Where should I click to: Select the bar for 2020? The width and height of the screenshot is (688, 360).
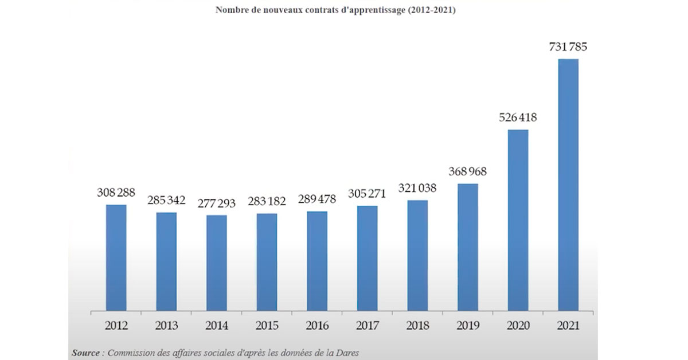pyautogui.click(x=518, y=221)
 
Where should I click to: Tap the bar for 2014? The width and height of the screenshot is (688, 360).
pyautogui.click(x=217, y=263)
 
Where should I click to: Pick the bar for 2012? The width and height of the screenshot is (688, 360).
pyautogui.click(x=116, y=258)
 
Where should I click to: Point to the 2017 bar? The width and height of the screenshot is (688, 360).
pyautogui.click(x=367, y=259)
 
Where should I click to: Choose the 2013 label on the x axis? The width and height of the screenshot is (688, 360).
pyautogui.click(x=166, y=326)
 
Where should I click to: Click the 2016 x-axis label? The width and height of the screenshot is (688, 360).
pyautogui.click(x=317, y=326)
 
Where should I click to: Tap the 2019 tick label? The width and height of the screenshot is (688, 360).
pyautogui.click(x=468, y=326)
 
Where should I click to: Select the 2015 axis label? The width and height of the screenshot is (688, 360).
pyautogui.click(x=267, y=326)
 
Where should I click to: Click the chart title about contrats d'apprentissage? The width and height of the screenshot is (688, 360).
pyautogui.click(x=335, y=10)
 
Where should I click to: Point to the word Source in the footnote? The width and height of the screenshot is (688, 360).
pyautogui.click(x=85, y=353)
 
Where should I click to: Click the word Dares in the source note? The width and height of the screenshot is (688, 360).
pyautogui.click(x=347, y=353)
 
